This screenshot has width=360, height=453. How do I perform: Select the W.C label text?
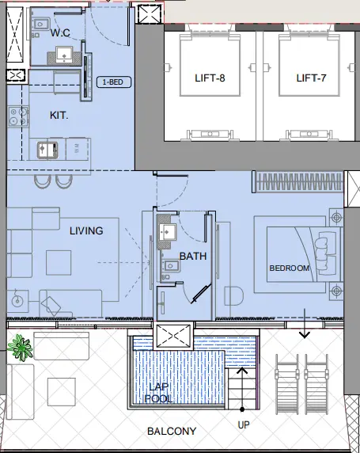[61, 33]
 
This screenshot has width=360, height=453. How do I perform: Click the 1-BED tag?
[114, 82]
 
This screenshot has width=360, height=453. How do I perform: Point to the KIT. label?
[59, 115]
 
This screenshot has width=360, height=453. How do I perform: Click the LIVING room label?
[86, 230]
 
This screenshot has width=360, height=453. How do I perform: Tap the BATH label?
[192, 256]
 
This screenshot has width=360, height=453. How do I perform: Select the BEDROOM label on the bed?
[289, 268]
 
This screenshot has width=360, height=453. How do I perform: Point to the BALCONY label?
[170, 432]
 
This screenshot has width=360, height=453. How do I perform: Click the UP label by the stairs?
[244, 425]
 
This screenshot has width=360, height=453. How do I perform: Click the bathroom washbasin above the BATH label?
[167, 233]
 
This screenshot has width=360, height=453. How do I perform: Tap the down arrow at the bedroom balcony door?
[303, 332]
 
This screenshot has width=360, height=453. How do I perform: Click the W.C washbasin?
[63, 55]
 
